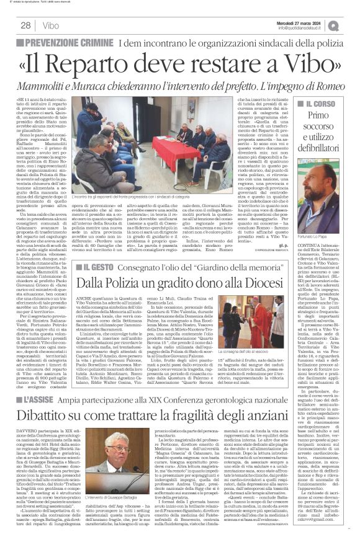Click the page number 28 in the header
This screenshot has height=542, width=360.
pos(25,25)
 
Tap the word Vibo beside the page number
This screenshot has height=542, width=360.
pos(52,25)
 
